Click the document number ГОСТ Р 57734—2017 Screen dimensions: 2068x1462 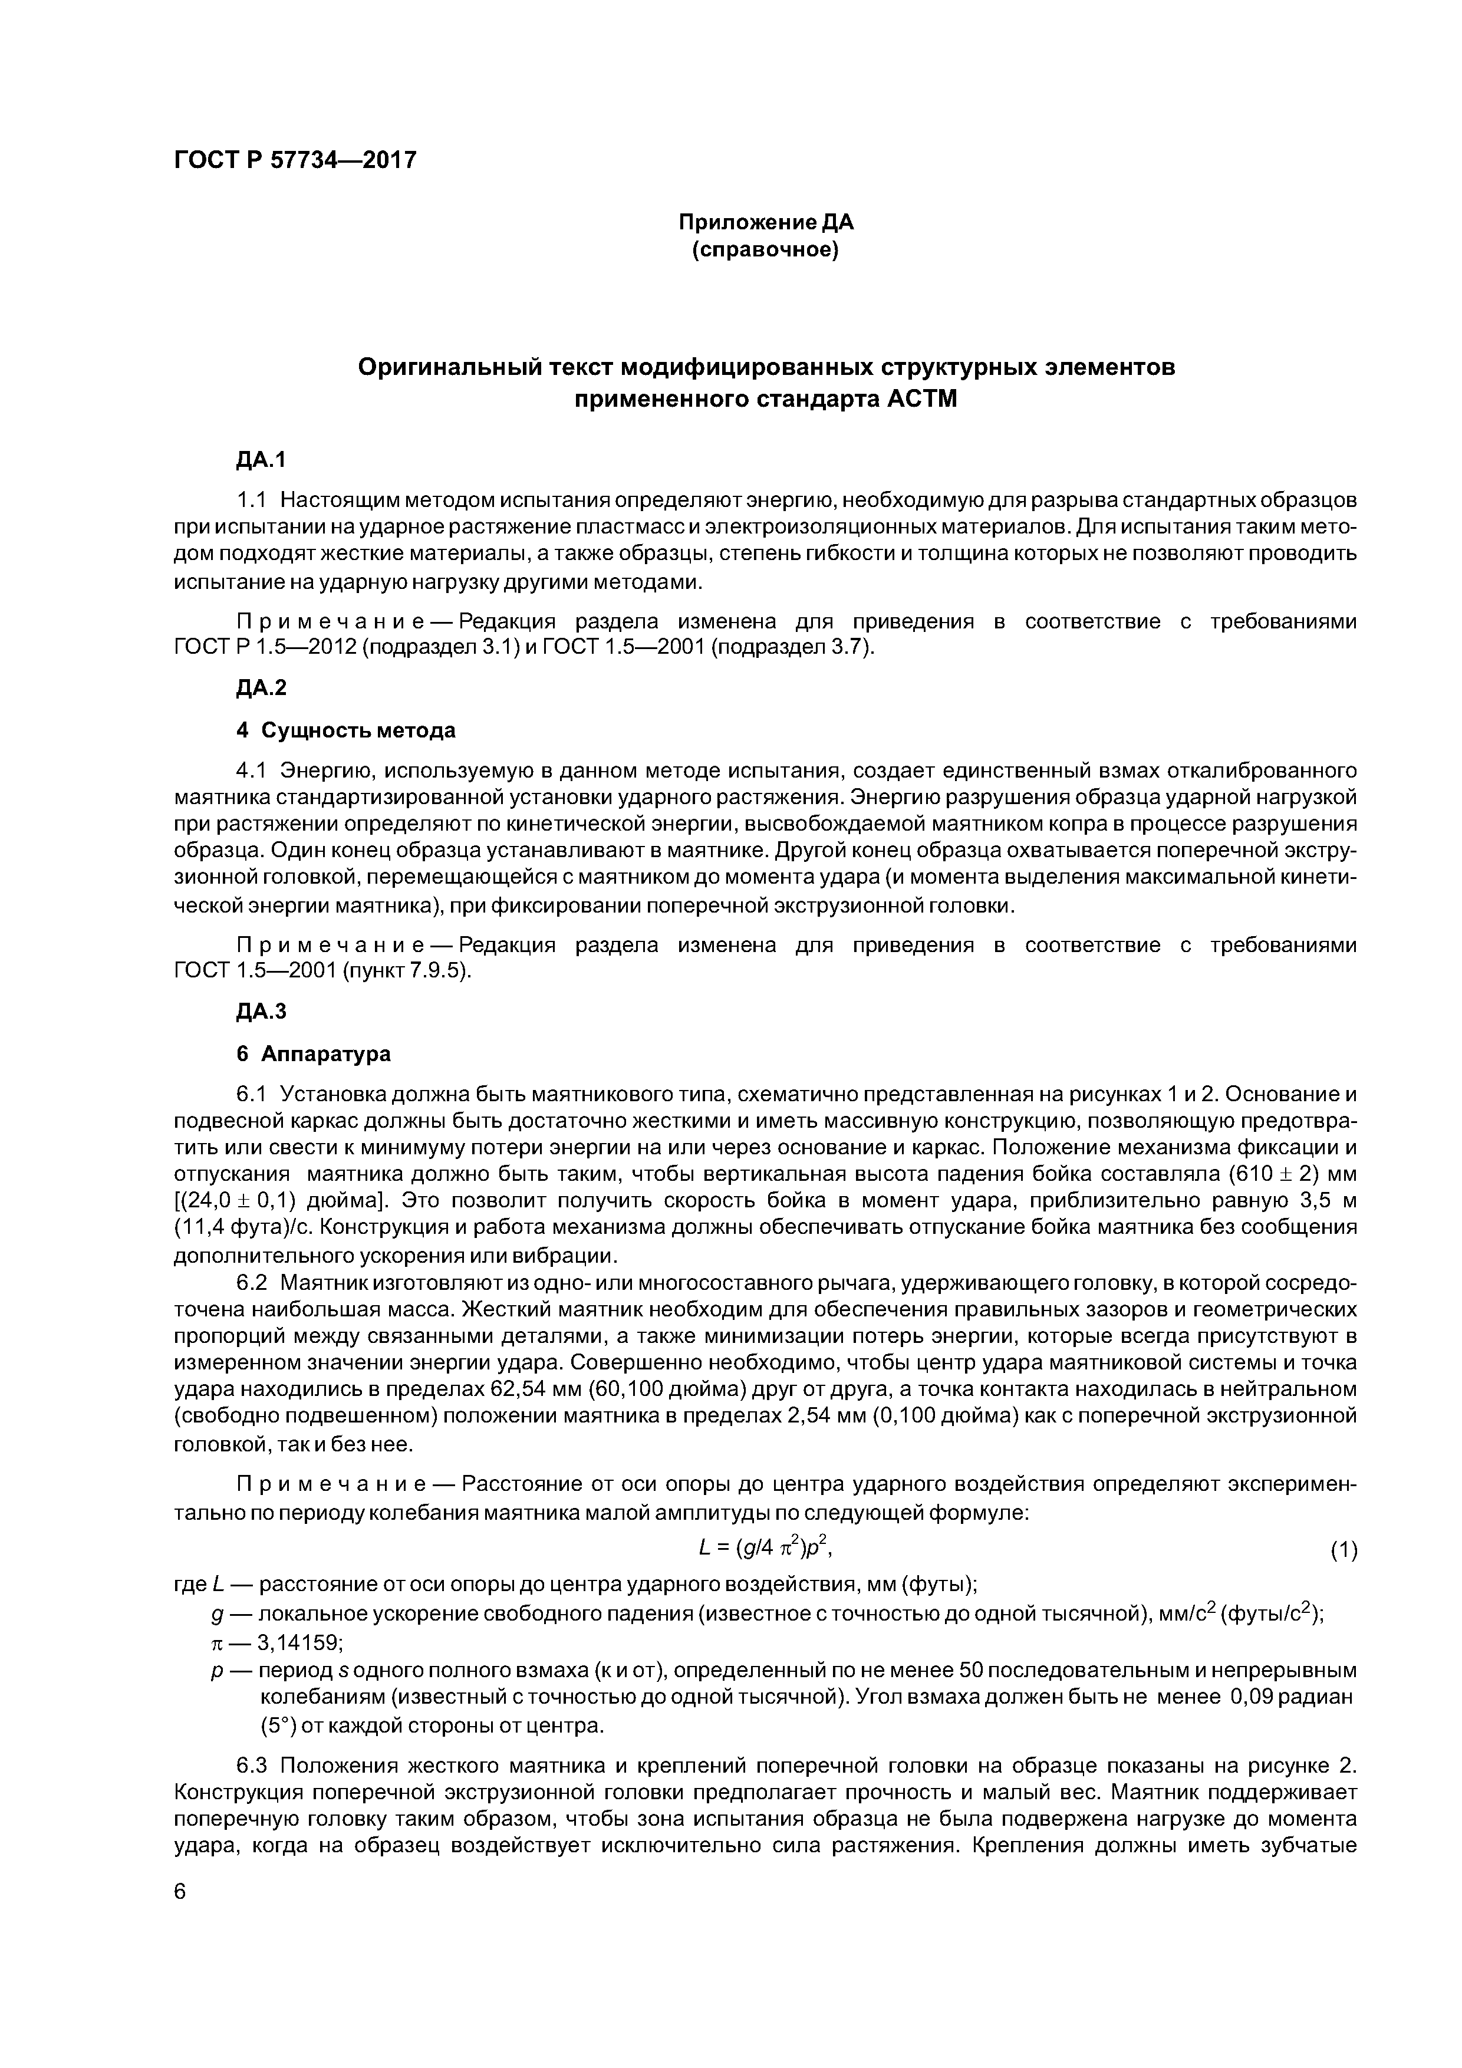(x=295, y=160)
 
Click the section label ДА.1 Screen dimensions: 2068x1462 (x=261, y=460)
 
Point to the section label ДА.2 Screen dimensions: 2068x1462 (x=261, y=688)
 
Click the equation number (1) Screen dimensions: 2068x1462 (x=1343, y=1550)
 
